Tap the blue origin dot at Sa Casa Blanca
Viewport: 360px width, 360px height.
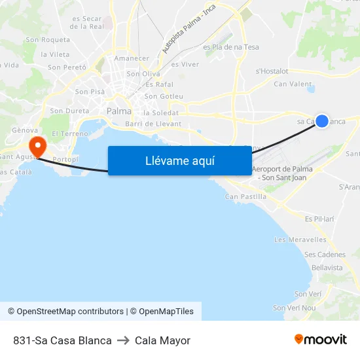(322, 120)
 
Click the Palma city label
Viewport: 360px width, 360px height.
(119, 111)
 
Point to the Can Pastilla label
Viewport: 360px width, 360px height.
(245, 196)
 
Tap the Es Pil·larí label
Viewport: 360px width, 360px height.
(320, 218)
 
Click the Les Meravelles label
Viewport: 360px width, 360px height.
(300, 240)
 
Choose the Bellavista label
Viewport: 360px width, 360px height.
(327, 268)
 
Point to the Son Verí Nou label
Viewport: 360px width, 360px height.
(295, 308)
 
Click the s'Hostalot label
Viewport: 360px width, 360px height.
(272, 71)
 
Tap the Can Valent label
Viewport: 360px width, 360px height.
(293, 84)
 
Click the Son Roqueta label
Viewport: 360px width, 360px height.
(48, 40)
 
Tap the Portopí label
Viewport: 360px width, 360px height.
(65, 159)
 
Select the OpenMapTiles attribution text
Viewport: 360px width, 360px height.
(166, 312)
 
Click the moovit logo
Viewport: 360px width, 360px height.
(321, 340)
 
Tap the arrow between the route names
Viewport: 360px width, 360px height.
(123, 340)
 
